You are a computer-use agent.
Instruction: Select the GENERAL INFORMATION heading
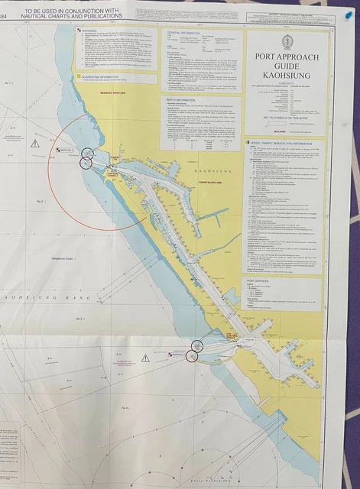(183, 34)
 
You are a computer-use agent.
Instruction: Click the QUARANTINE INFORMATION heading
(102, 76)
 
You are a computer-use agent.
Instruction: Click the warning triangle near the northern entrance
(35, 143)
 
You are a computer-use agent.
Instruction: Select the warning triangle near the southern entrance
(145, 358)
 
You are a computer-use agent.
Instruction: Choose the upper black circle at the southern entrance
(196, 345)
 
